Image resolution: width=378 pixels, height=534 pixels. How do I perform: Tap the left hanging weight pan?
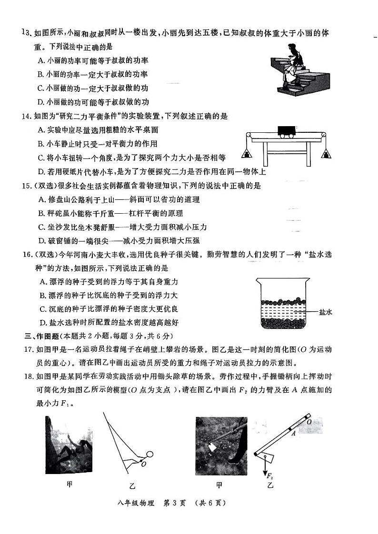point(248,153)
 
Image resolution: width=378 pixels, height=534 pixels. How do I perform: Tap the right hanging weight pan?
point(326,153)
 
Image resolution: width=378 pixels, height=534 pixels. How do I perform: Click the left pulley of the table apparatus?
point(248,137)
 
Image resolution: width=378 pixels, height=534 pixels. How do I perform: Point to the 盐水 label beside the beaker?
point(325,312)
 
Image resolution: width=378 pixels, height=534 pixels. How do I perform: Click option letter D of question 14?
point(40,171)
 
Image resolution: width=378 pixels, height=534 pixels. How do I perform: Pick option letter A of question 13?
point(40,60)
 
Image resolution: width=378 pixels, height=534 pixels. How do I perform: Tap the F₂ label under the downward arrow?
point(269,475)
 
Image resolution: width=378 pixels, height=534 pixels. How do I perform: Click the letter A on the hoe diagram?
point(294,434)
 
